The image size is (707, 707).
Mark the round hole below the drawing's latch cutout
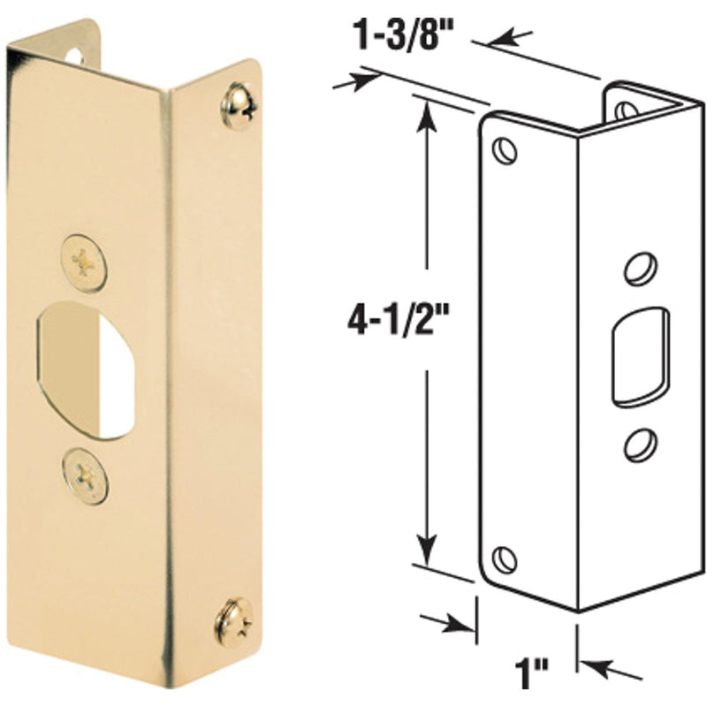coord(638,445)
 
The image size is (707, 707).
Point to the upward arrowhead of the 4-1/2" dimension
coord(428,110)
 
